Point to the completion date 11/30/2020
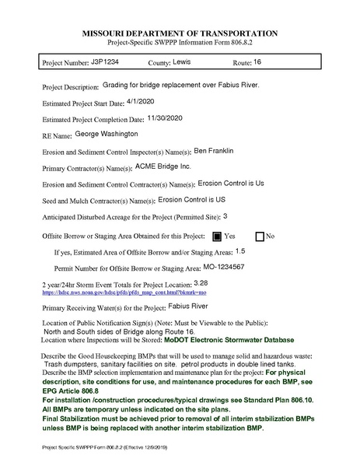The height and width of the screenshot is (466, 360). [170, 119]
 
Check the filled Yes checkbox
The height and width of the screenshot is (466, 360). [217, 235]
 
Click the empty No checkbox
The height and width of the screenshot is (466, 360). [260, 235]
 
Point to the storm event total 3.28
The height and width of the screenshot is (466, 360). [201, 283]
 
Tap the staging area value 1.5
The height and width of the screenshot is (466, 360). [239, 251]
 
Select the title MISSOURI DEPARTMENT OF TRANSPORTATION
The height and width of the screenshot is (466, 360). [180, 35]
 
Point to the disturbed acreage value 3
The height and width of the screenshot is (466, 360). [225, 216]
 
